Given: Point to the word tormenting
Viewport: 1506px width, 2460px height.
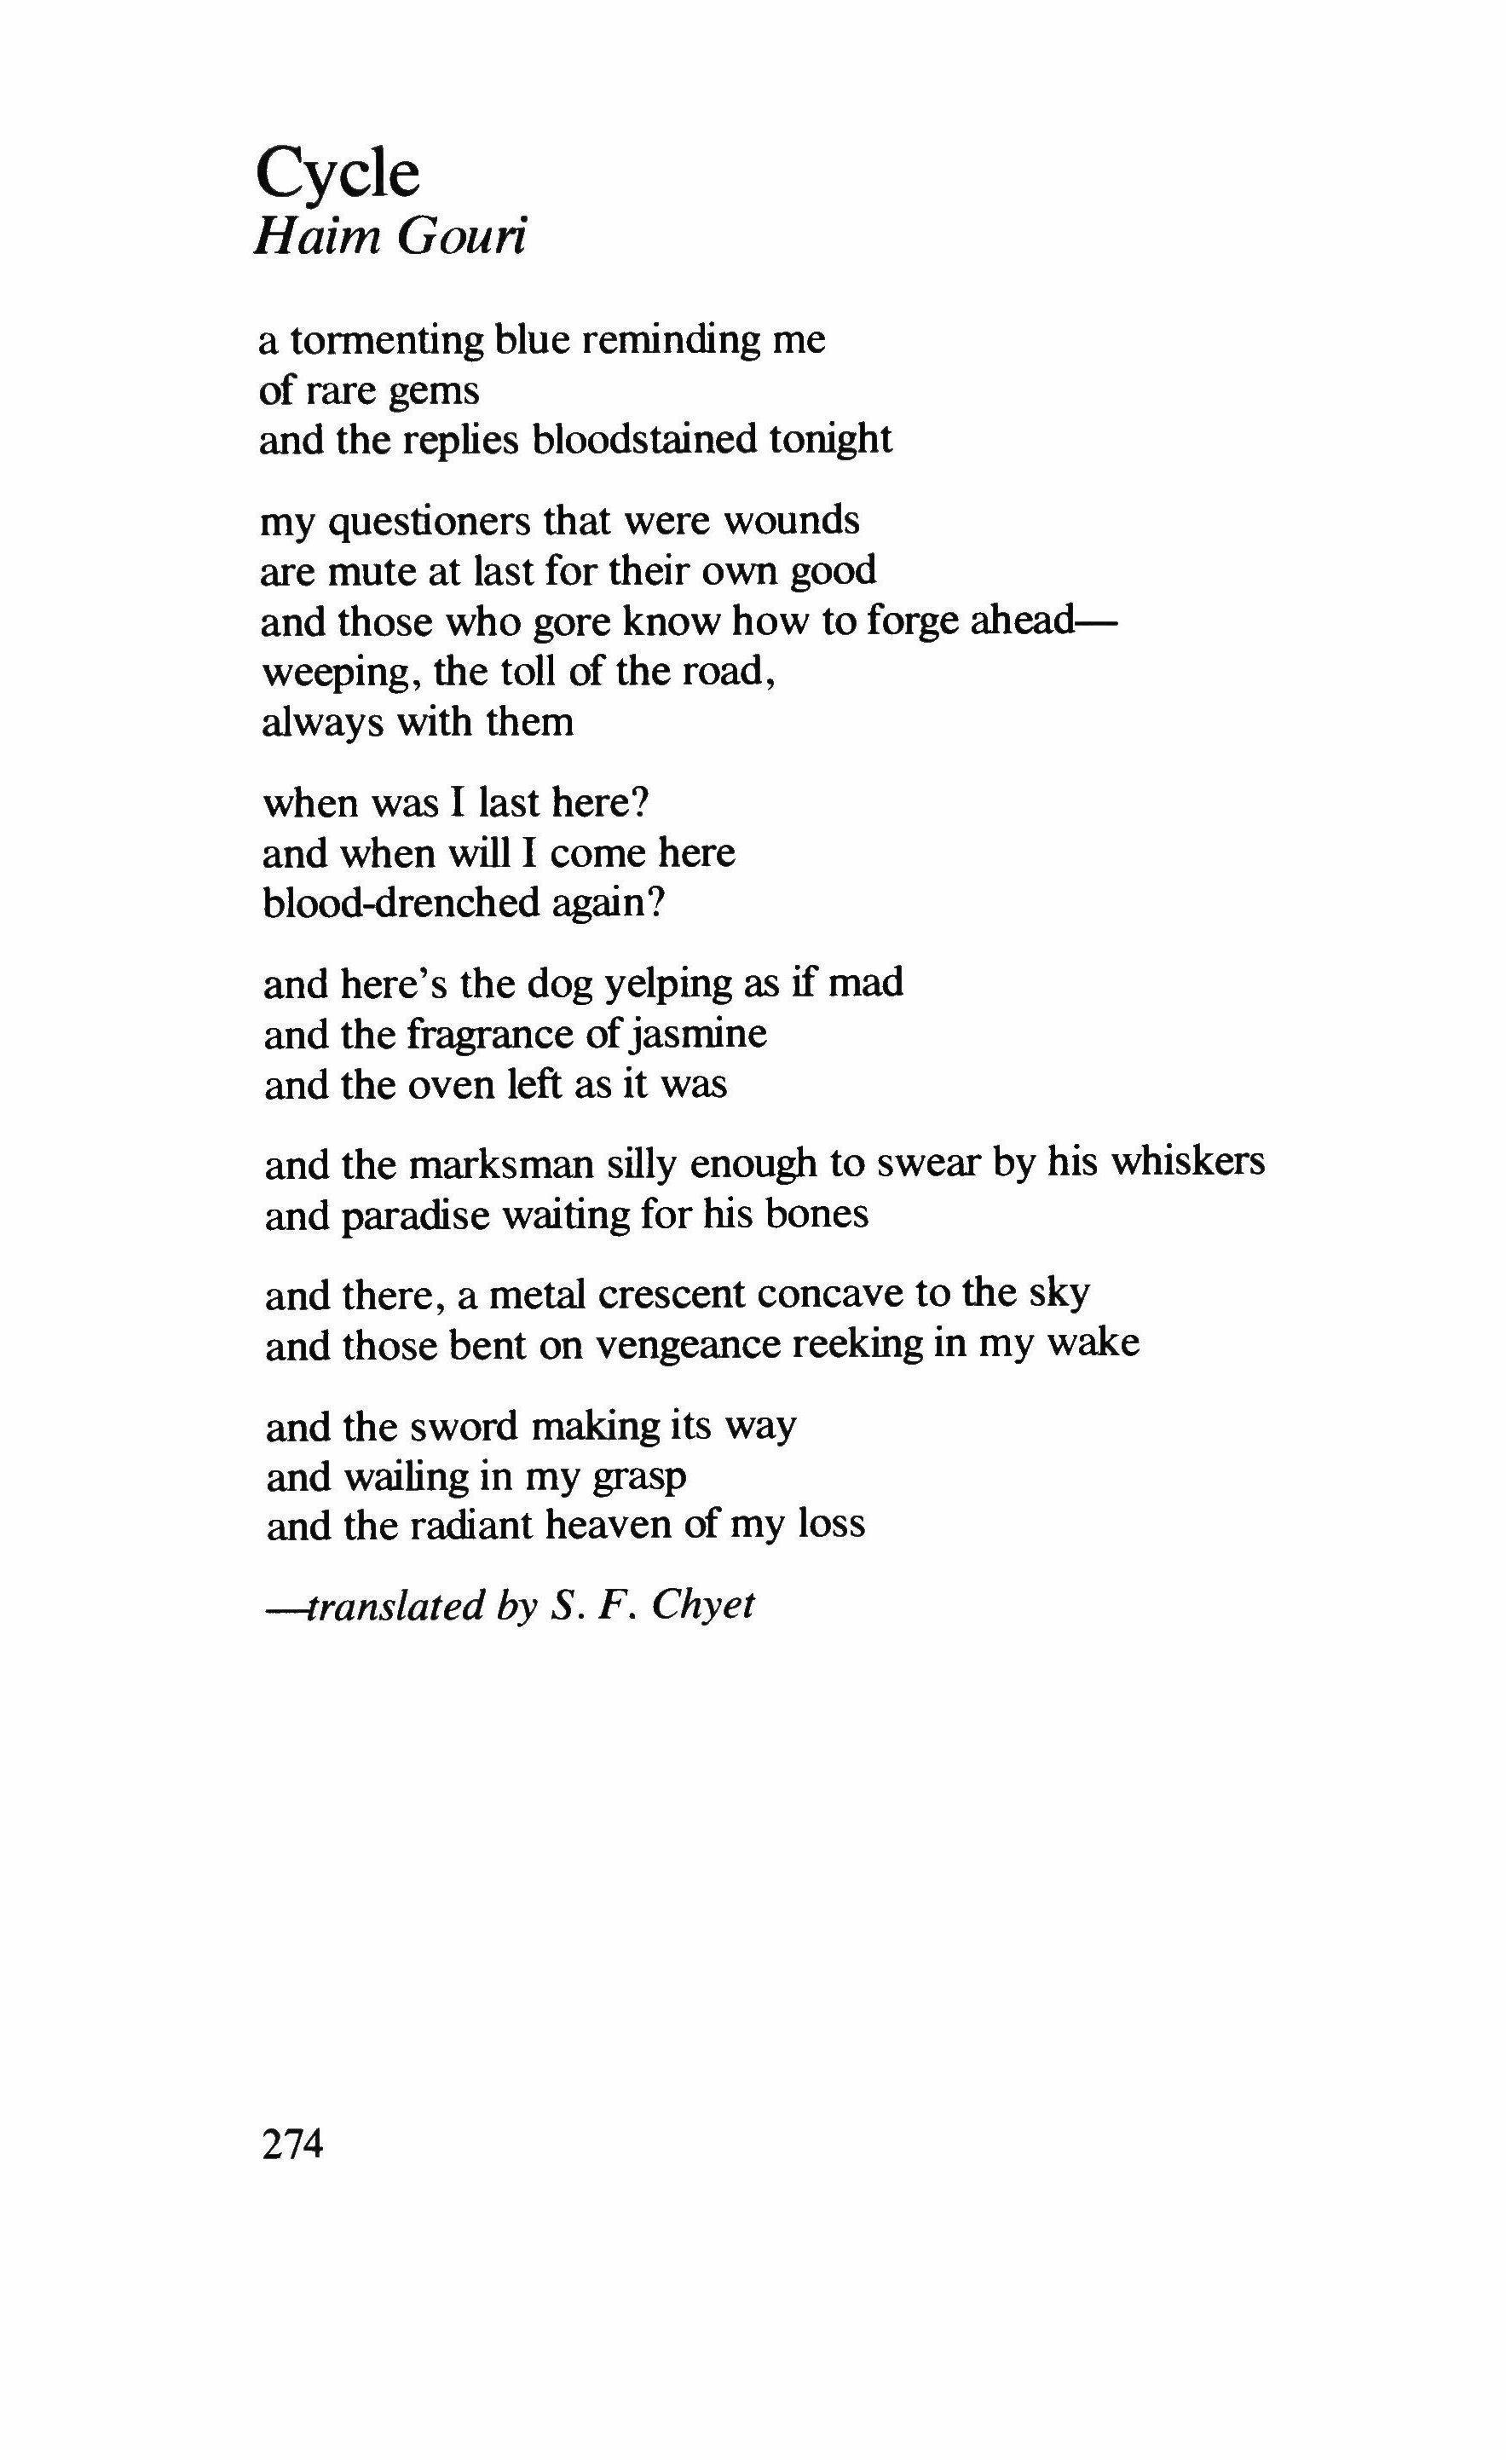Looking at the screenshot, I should click(387, 342).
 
